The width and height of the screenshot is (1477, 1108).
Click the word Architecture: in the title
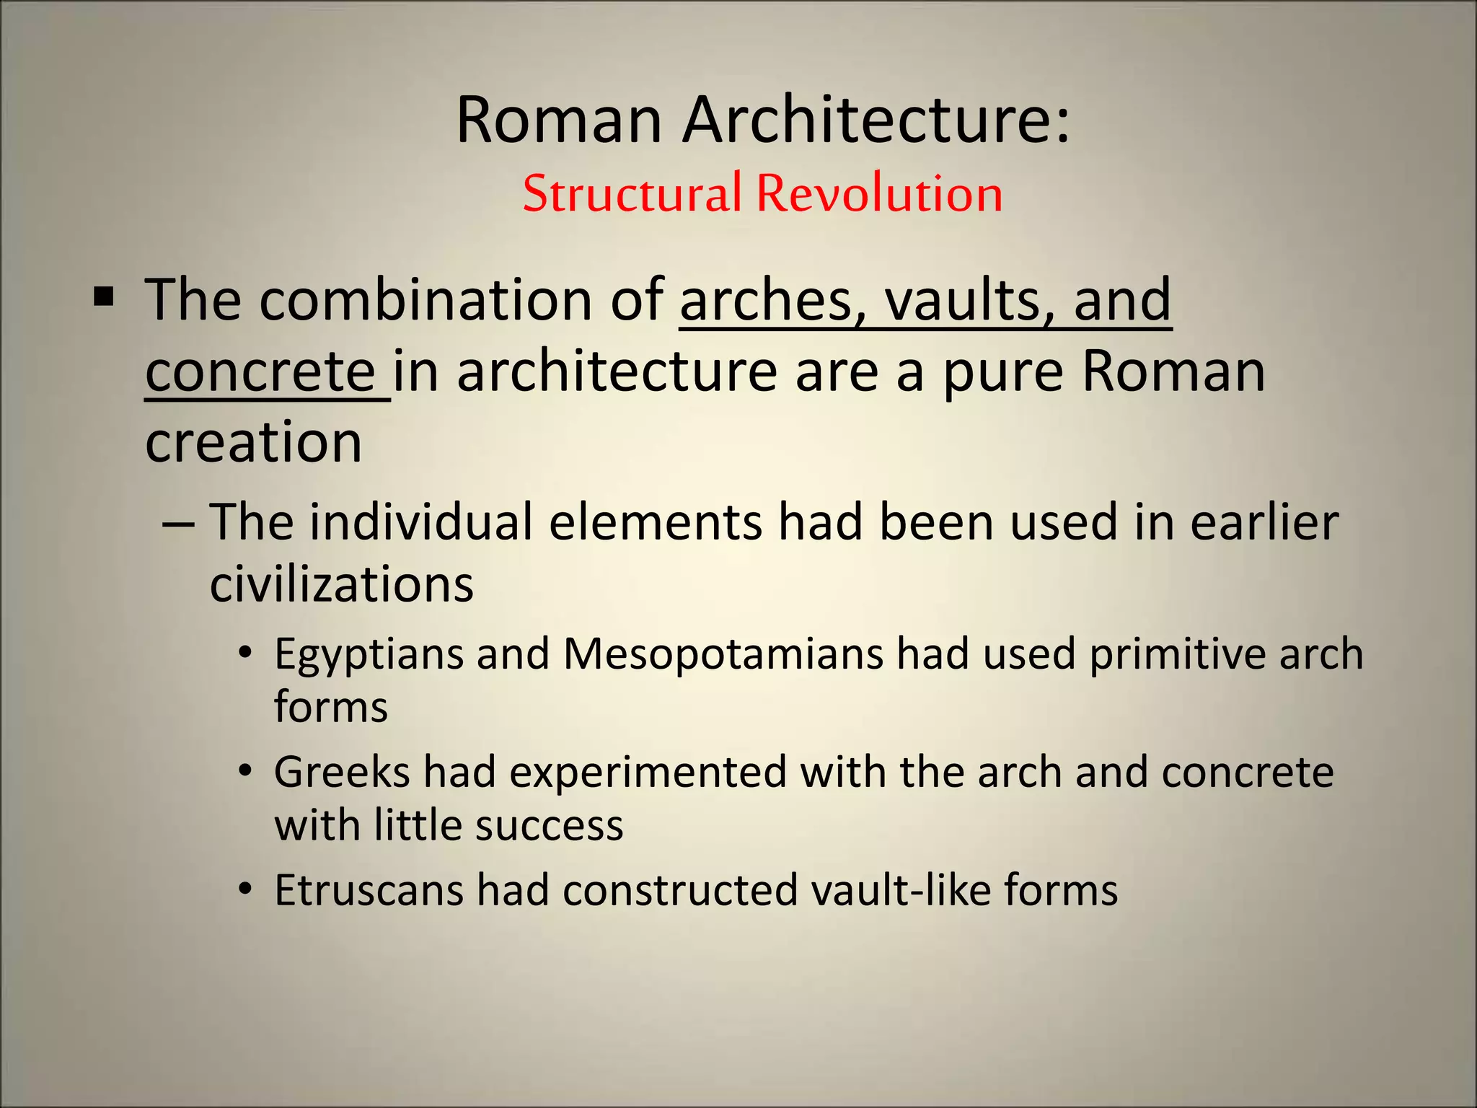(876, 120)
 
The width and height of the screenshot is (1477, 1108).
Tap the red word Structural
(632, 193)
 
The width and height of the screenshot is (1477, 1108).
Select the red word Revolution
(879, 193)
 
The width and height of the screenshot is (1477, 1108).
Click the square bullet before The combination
(104, 296)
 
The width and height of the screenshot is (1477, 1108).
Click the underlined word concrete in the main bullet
(260, 371)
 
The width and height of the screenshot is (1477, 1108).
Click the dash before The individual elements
(178, 523)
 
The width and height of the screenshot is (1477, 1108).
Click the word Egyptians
(369, 655)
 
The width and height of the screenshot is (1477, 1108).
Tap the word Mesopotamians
(723, 654)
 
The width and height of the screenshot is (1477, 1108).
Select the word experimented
(648, 773)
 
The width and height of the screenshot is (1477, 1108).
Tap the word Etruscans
(369, 890)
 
